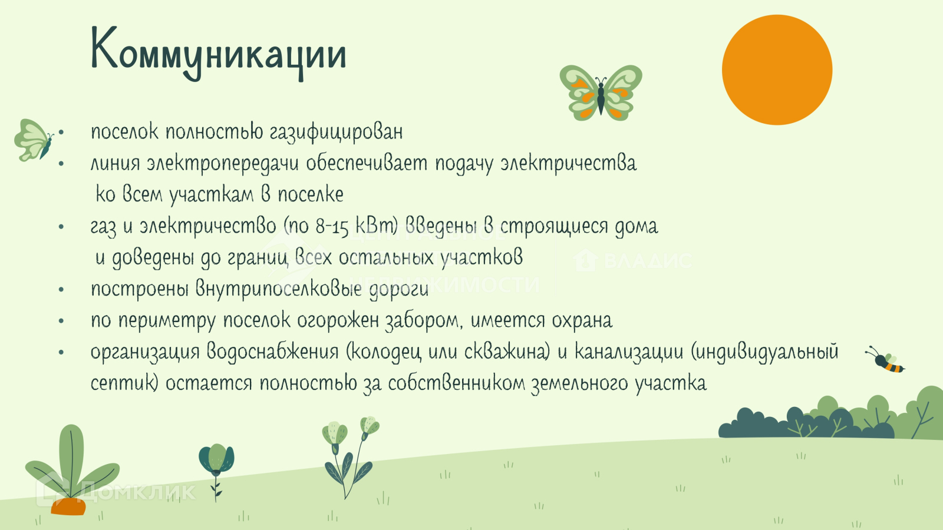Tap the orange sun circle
click(x=777, y=70)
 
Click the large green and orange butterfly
click(x=601, y=93)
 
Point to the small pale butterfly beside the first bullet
click(x=34, y=140)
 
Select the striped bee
click(x=885, y=360)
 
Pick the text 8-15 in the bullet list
click(x=332, y=227)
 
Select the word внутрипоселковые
click(x=279, y=289)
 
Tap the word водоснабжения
click(x=272, y=352)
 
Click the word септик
click(x=124, y=383)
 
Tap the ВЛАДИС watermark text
click(x=648, y=261)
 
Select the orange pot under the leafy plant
click(x=68, y=506)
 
